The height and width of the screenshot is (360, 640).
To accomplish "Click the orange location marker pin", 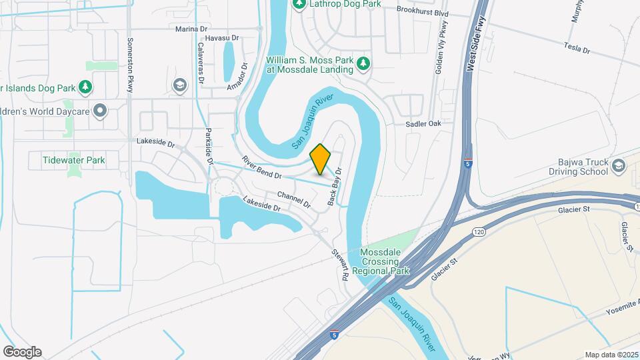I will tap(321, 159).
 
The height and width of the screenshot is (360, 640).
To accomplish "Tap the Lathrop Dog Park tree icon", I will tap(299, 4).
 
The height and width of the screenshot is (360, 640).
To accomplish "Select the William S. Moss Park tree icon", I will tap(363, 64).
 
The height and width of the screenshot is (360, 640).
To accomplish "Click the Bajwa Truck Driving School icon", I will tap(618, 166).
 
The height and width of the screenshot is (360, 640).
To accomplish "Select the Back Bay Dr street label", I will tap(334, 186).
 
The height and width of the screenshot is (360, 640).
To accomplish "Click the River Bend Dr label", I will tap(262, 167).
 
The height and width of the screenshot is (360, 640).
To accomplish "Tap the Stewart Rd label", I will tap(340, 264).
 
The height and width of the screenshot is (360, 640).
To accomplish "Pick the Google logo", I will tap(22, 352).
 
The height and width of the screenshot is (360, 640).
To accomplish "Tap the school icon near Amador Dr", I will tap(179, 85).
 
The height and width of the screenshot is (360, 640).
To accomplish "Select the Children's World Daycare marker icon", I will tap(100, 111).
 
